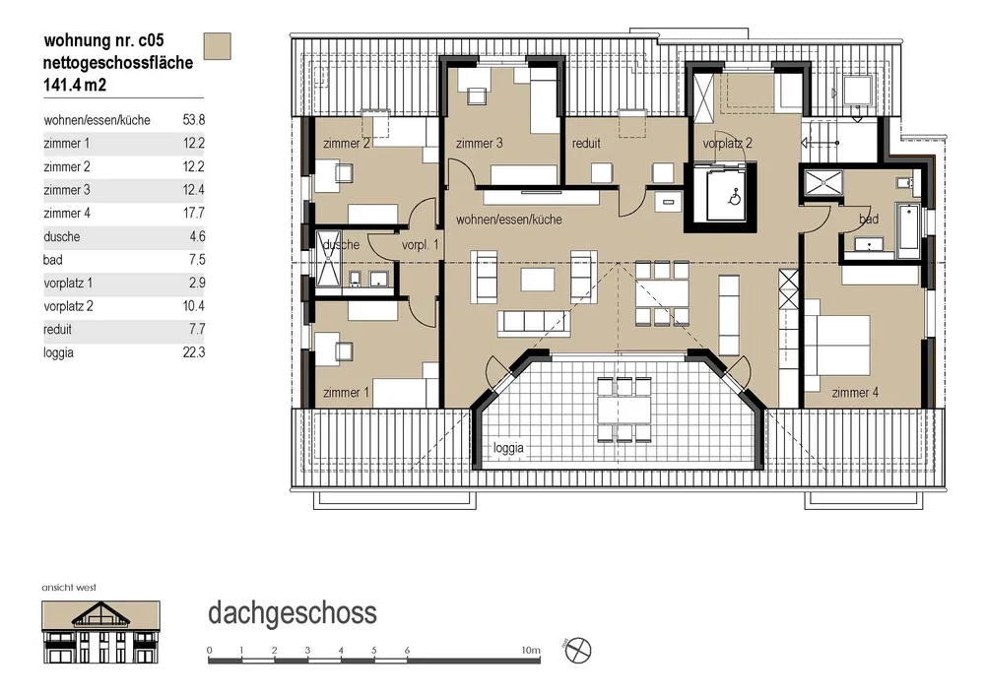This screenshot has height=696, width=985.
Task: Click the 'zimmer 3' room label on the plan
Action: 479,143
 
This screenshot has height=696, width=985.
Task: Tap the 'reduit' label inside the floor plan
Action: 586,143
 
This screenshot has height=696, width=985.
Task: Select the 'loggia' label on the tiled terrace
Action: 508,448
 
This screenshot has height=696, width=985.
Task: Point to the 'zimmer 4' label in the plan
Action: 855,393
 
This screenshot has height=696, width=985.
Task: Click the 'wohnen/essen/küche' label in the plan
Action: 509,220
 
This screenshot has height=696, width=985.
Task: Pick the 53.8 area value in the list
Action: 193,120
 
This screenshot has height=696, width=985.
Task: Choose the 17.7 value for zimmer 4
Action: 194,213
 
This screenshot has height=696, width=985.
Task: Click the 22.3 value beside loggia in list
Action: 193,352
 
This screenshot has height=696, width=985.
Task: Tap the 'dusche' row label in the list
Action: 61,236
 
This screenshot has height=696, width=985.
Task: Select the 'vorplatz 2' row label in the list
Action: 69,306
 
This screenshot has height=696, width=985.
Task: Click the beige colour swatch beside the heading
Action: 218,46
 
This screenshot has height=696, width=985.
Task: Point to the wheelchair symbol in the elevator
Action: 734,198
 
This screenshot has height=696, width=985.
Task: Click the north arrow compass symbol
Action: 578,650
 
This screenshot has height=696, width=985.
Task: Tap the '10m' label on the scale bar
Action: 531,650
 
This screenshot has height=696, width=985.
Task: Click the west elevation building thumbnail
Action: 100,632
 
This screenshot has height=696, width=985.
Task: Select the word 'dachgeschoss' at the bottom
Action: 293,613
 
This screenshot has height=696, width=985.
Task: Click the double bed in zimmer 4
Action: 837,345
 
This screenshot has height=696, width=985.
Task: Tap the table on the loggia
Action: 624,410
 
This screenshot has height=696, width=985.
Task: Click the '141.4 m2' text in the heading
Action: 75,85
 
